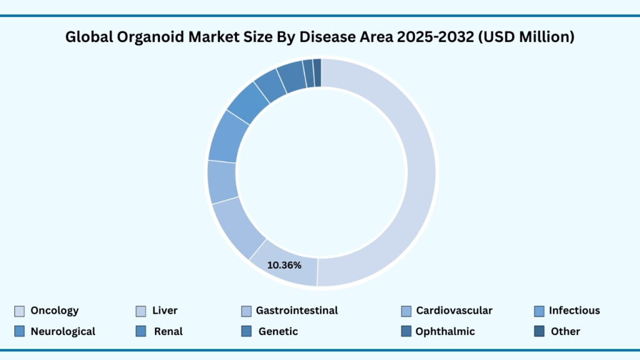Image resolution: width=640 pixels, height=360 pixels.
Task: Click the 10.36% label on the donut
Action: point(284,265)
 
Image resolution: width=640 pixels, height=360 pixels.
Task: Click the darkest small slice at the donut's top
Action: point(317,72)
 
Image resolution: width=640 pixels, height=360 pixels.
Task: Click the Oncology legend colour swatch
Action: point(19,311)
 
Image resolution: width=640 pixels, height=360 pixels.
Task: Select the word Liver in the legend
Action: point(164,311)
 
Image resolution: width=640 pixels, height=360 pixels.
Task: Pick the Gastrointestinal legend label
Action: point(297,311)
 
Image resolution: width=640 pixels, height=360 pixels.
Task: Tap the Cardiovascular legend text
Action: point(454,311)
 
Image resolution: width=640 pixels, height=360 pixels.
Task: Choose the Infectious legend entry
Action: point(574,311)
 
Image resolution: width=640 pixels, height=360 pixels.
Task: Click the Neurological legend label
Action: point(62,331)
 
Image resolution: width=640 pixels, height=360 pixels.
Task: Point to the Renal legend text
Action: point(168,331)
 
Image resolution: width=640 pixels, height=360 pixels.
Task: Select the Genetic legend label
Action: point(278,331)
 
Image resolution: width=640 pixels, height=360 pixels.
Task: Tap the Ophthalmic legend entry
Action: point(445,331)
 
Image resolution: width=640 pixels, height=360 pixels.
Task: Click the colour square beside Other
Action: point(539,331)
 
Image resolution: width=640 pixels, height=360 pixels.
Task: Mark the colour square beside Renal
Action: point(141,331)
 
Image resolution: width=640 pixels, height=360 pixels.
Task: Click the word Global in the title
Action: point(86,37)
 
